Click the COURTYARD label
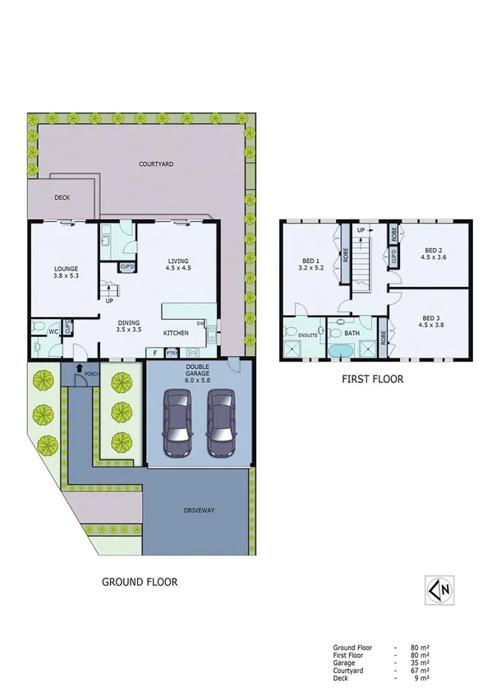coord(155,164)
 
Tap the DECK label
coord(62,198)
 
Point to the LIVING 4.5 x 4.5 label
coord(178,265)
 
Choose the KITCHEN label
coord(177,333)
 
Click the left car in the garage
coord(179,422)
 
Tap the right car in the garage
coord(221,422)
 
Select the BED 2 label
coord(434,254)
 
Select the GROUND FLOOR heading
coord(139,581)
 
